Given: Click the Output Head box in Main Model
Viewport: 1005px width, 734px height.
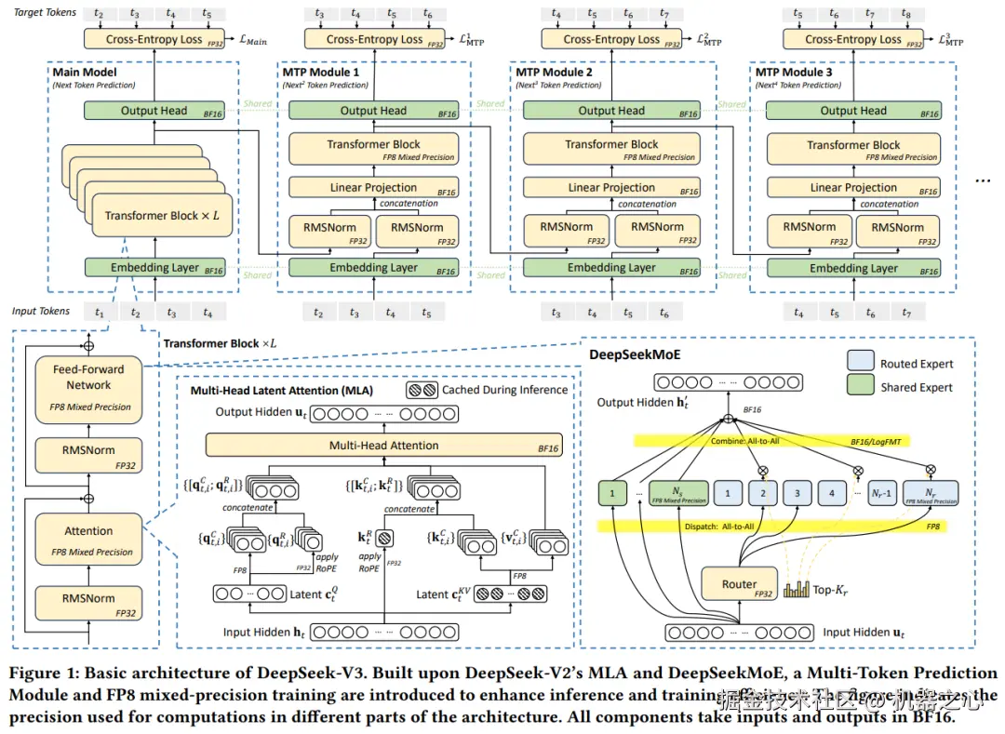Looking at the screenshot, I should (x=154, y=111).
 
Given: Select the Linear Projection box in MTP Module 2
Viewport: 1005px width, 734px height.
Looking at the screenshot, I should (x=611, y=187).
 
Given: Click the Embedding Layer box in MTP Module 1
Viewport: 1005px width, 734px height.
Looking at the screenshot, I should (x=373, y=268).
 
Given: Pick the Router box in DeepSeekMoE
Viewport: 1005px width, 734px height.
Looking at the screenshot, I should (x=739, y=585).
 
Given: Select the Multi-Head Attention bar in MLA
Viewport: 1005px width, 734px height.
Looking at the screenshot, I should (x=383, y=446).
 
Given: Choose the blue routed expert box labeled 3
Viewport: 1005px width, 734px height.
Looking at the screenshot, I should (x=797, y=493).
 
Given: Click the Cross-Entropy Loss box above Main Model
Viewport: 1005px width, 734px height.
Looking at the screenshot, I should (x=154, y=39).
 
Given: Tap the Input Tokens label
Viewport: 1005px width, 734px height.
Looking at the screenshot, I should (x=41, y=312).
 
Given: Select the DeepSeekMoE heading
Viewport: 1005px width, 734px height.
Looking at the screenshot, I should (x=634, y=354).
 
